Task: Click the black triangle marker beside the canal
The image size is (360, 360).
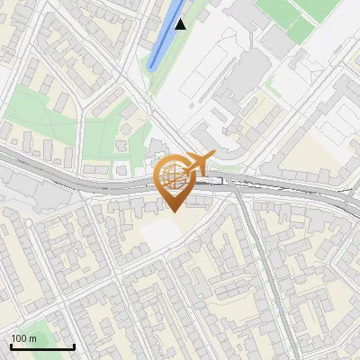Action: (x=181, y=24)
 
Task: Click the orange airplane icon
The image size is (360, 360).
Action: (x=199, y=163)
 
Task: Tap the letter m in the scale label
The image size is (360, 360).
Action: (x=33, y=338)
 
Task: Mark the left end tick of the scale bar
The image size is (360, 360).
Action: (x=10, y=346)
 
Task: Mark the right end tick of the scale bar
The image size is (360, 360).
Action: (x=74, y=346)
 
